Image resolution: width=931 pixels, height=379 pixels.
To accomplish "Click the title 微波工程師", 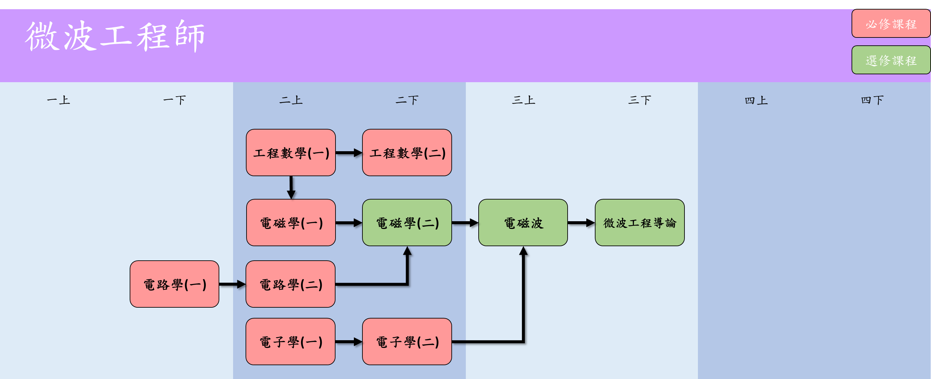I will pos(115,36).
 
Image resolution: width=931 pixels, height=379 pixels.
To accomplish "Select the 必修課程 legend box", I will pos(891,24).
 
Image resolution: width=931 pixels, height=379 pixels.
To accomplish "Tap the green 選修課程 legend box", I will pos(891,60).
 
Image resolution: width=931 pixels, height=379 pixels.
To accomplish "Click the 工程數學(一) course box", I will pos(291,153).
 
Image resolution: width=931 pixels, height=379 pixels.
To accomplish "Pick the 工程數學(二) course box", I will pos(407,153).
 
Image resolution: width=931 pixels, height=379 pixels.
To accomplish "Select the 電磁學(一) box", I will pos(291,223).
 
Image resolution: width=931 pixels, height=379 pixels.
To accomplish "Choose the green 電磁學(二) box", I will pos(407,223).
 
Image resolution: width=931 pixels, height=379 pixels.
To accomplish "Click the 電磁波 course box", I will pos(523,223).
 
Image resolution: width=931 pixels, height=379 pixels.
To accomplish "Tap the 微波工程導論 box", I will pos(639,223).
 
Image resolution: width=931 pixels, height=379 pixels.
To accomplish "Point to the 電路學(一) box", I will pos(175,284).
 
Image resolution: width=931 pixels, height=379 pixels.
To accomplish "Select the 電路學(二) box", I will pos(291,284).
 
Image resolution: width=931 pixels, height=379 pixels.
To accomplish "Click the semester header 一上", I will pos(58,100).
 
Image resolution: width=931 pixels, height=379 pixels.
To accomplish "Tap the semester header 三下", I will pos(639,100).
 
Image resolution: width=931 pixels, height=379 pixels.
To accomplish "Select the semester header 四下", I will pos(872,100).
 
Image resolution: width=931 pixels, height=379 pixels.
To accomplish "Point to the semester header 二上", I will pos(291,100).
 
